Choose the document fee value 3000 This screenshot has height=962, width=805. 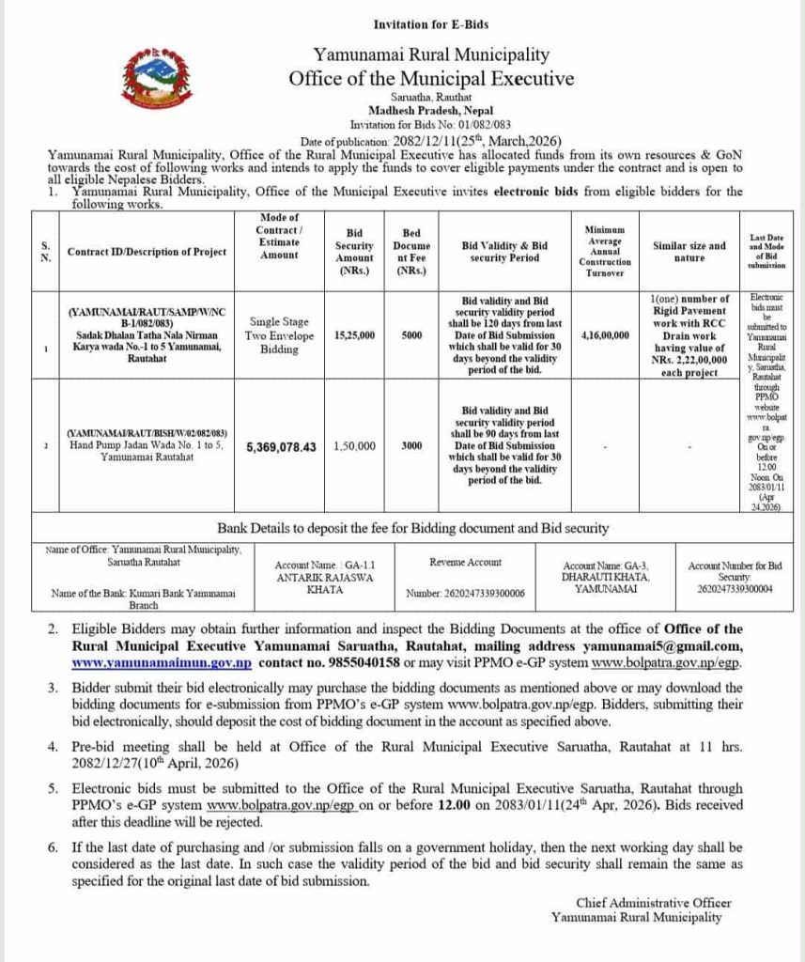point(410,446)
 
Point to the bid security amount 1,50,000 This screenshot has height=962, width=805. point(354,446)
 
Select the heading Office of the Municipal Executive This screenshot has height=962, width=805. point(431,78)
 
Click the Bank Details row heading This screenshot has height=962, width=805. point(413,527)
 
